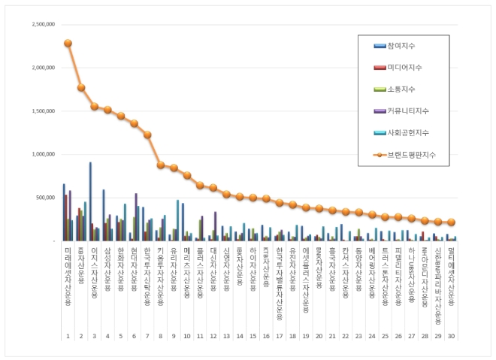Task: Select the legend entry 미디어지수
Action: click(x=405, y=68)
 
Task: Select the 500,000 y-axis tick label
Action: click(x=47, y=198)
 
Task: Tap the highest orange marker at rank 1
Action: click(x=68, y=43)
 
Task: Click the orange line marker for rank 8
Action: click(x=161, y=165)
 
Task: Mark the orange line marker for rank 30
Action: click(x=451, y=222)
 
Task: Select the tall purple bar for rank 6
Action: click(x=136, y=216)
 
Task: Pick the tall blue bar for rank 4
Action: click(x=104, y=215)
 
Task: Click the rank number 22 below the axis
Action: click(x=345, y=337)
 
